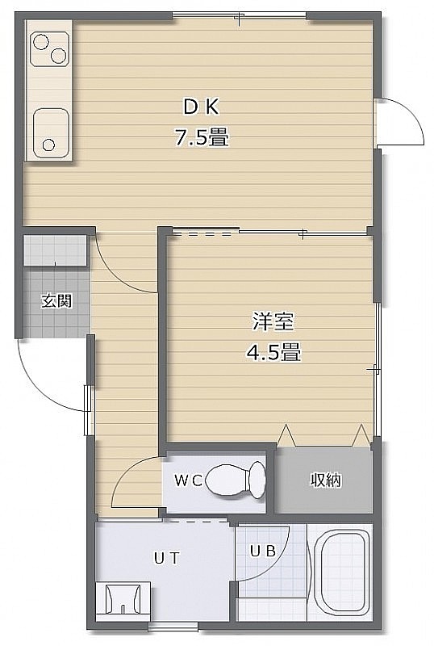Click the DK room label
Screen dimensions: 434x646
coord(201,107)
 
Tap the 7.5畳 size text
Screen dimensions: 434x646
coord(202,137)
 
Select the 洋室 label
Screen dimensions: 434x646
coord(273,321)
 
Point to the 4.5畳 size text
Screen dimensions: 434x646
coord(273,353)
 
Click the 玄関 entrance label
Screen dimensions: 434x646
coord(56,301)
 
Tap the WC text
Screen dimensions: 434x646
coord(188,480)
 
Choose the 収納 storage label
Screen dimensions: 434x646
coord(326,480)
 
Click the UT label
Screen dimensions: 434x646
coord(167,558)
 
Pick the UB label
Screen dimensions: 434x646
coord(263,551)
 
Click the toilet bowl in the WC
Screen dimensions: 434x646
coord(227,480)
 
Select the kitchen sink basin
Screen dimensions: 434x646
coord(50,133)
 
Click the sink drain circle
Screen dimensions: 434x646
coord(48,145)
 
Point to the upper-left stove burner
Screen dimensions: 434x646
coord(41,42)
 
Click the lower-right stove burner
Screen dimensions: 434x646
coord(58,56)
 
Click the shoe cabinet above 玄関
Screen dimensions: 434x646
coord(55,250)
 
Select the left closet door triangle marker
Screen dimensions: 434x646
coord(286,435)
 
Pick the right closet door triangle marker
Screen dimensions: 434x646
coord(361,435)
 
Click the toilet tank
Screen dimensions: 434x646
coord(257,480)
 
